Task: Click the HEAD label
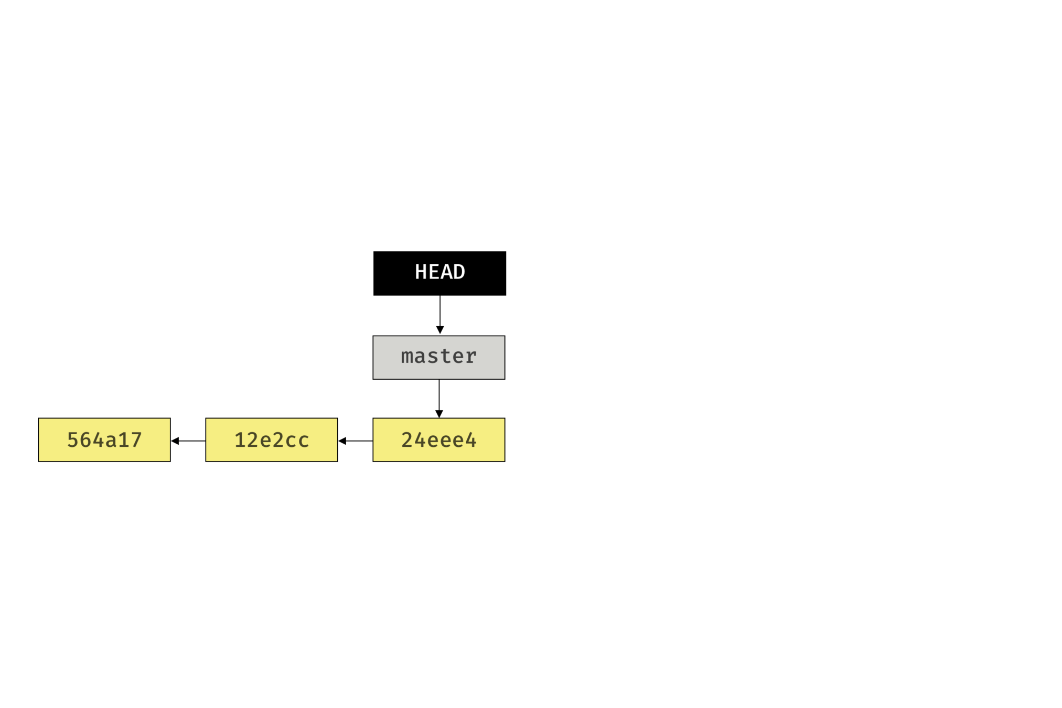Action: [439, 272]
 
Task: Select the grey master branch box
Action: [438, 357]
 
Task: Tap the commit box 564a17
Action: [104, 439]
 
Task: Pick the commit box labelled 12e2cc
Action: [271, 439]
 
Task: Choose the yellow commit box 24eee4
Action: [438, 439]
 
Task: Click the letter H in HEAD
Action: [421, 272]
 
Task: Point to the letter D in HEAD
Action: [459, 272]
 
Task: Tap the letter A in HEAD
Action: [446, 272]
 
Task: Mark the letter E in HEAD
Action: [433, 272]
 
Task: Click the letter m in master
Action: [407, 357]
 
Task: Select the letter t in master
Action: [445, 357]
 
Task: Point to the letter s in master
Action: [433, 357]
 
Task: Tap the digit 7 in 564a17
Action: [136, 440]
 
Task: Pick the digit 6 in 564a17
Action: [85, 440]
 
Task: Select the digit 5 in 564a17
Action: [73, 440]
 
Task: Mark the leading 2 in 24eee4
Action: [407, 440]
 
